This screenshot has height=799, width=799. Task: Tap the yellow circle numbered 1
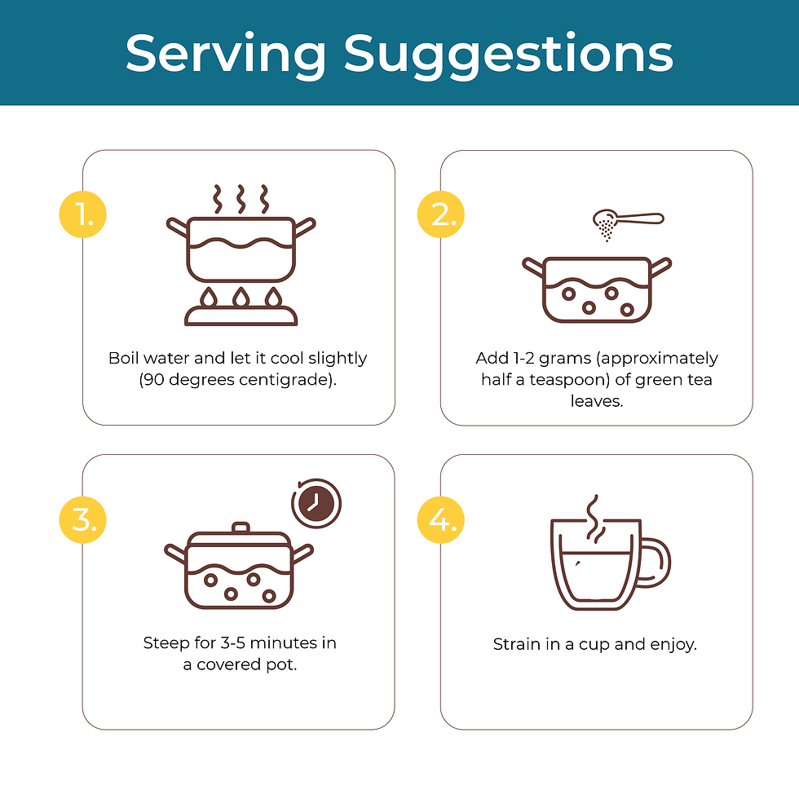83,214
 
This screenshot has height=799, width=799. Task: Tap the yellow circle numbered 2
441,214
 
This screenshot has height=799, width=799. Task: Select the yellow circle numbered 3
83,520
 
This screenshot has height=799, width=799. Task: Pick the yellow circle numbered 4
441,520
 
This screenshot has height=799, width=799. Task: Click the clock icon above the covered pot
316,504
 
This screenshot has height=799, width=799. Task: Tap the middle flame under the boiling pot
241,297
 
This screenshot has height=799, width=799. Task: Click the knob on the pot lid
241,528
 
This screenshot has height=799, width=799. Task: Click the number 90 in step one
153,380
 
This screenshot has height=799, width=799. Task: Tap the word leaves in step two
596,401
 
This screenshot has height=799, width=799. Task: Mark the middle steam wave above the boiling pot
241,199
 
